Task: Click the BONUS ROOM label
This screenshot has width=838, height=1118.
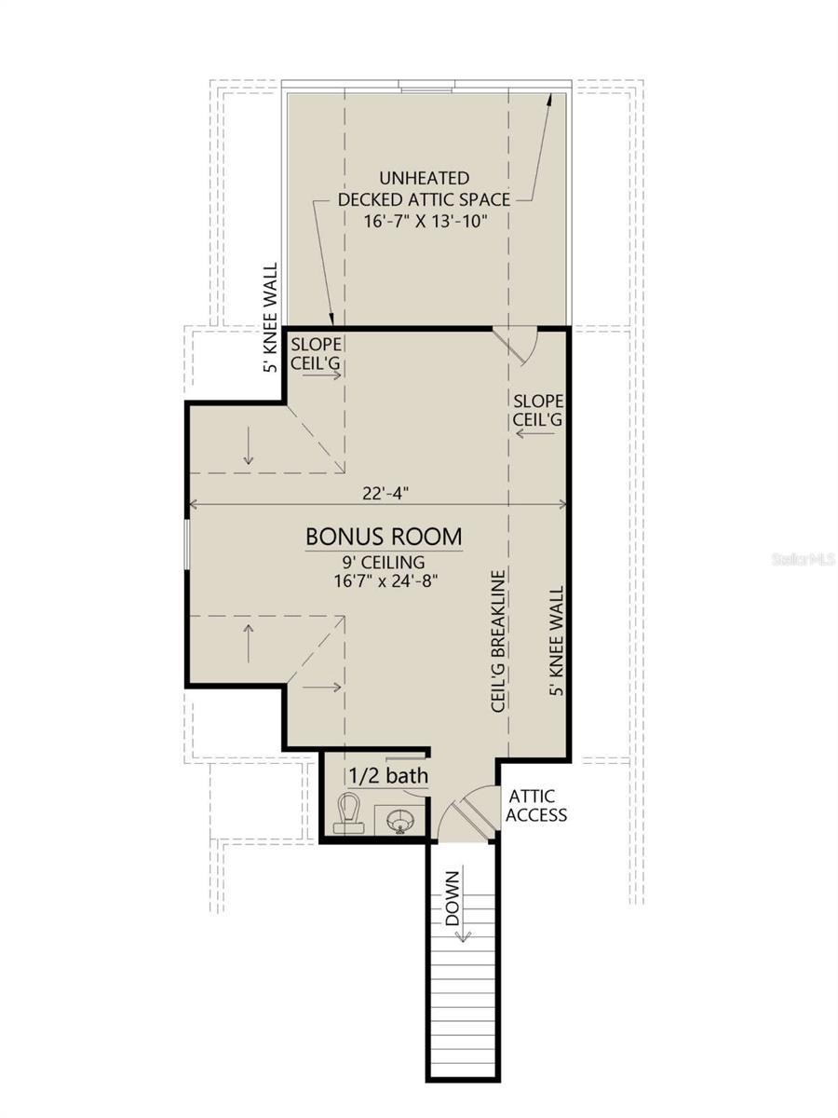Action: tap(384, 537)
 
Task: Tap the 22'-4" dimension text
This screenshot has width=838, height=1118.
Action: tap(385, 494)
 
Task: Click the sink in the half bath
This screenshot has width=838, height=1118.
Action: tap(400, 821)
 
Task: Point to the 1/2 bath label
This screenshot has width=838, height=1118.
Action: tap(388, 776)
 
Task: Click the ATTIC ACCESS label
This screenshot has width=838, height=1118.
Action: tap(535, 806)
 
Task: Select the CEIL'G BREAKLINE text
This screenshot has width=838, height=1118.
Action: tap(498, 641)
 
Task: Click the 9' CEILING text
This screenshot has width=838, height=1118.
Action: tap(383, 563)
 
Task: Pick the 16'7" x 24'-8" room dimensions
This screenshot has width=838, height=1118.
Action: tap(385, 580)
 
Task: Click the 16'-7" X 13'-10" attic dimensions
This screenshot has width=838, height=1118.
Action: tap(426, 221)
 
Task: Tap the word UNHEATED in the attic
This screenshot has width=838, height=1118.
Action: tap(425, 178)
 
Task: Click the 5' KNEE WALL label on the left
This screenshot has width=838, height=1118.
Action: tap(272, 318)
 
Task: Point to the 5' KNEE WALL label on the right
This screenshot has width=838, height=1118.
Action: tap(556, 640)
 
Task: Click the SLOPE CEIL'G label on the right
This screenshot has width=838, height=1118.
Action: tap(538, 410)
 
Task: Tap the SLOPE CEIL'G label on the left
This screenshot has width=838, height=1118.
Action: tap(316, 353)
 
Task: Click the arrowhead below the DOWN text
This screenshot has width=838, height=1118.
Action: tap(463, 934)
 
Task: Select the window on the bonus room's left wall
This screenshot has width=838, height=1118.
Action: tap(187, 543)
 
